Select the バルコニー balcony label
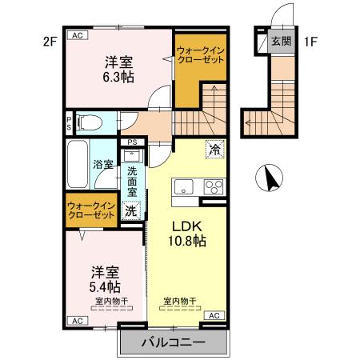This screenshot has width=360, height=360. tap(174, 342)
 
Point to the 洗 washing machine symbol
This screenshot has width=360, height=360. tap(130, 211)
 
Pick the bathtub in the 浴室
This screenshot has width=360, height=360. tap(79, 166)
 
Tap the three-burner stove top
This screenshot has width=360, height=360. tap(214, 189)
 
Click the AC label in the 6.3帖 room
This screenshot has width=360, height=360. tap(78, 36)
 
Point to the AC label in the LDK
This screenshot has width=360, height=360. tap(214, 316)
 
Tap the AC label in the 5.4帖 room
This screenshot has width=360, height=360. tap(78, 321)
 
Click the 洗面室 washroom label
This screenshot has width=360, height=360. tap(132, 180)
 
